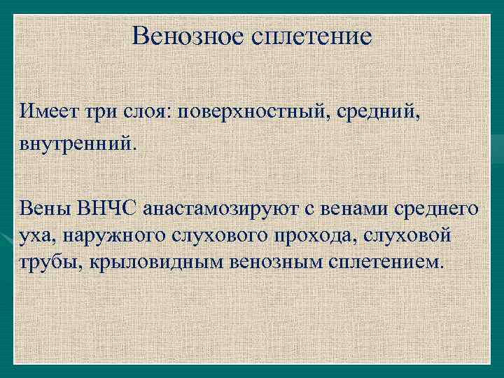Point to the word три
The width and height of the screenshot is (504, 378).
pos(103,111)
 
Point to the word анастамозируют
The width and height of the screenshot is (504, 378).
pos(225,208)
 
